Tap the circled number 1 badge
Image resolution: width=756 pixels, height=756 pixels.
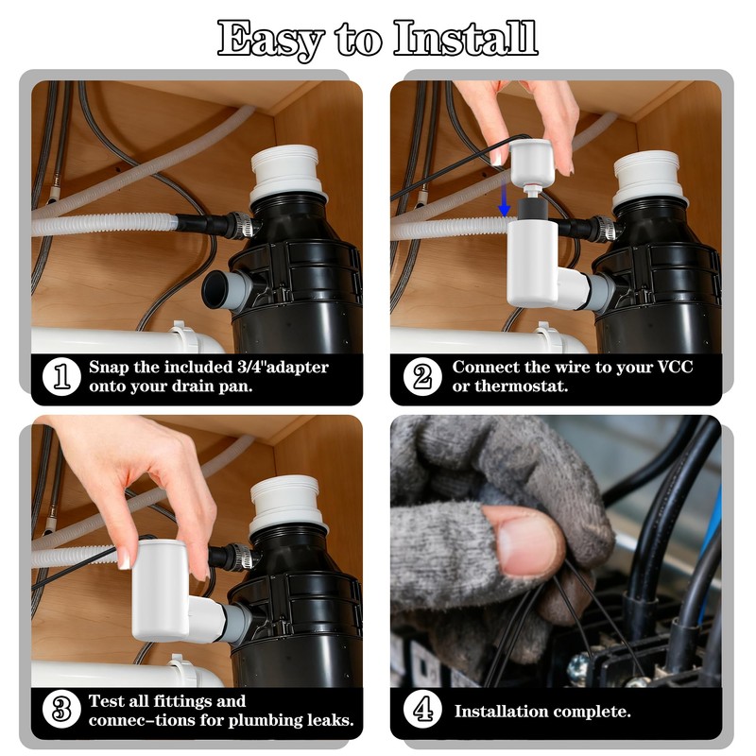pos(62,377)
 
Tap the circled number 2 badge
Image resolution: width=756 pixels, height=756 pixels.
pos(421,377)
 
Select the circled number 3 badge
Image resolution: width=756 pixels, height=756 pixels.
pos(62,710)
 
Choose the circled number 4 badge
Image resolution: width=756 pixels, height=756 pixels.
pos(421,710)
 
